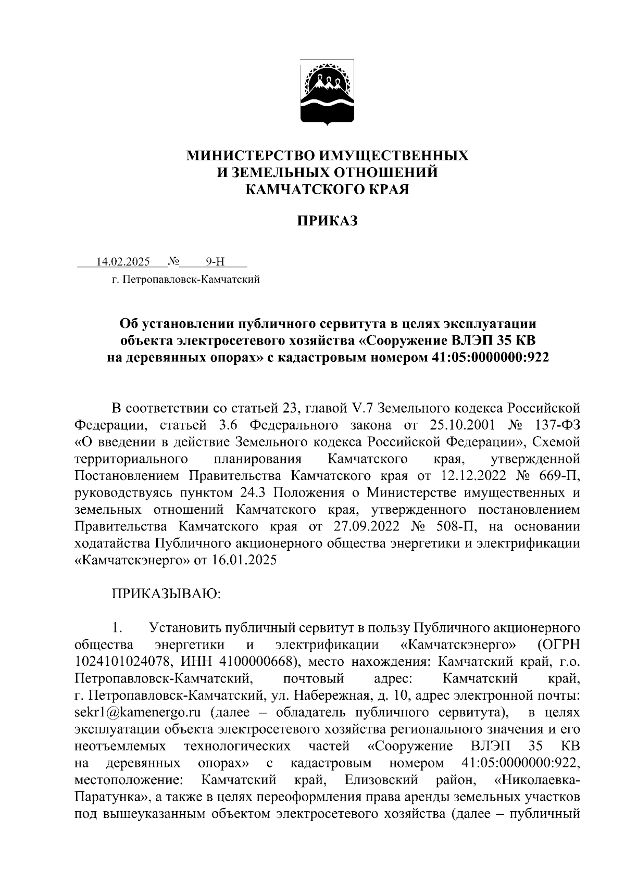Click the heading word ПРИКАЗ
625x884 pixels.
pos(328,222)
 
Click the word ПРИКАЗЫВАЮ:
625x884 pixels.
pos(167,594)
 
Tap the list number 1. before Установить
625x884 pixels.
pos(117,628)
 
